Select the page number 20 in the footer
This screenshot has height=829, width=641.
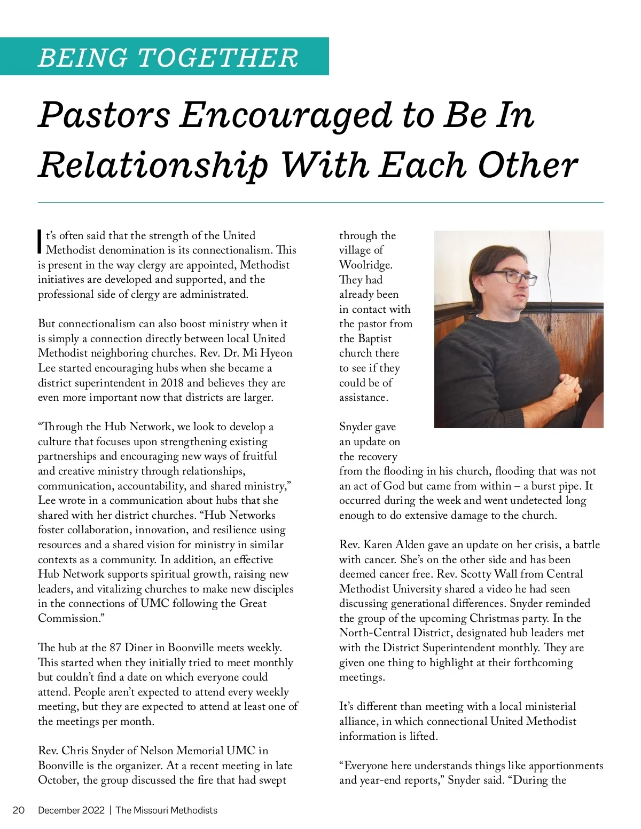pyautogui.click(x=19, y=810)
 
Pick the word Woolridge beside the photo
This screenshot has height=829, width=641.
pyautogui.click(x=366, y=265)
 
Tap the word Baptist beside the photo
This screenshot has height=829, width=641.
pyautogui.click(x=374, y=338)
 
